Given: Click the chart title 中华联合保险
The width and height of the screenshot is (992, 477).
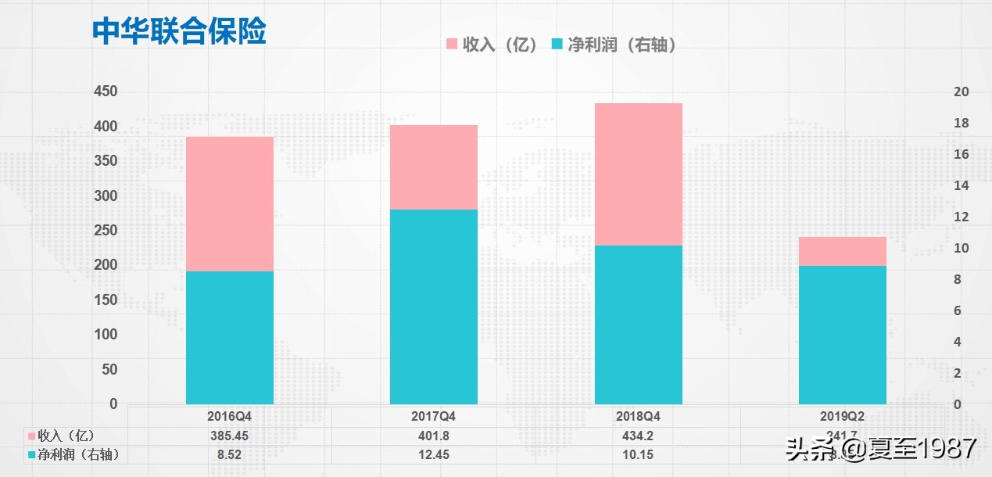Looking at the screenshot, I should (179, 31).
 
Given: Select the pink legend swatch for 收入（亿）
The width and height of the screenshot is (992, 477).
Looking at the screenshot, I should (451, 45).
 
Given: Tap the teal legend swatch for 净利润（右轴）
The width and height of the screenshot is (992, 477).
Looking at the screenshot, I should (557, 45).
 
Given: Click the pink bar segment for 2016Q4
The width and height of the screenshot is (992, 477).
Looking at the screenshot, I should (230, 203).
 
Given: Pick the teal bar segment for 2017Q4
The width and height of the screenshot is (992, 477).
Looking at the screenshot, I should (434, 307).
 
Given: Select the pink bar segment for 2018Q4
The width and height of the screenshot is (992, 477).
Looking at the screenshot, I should (639, 174).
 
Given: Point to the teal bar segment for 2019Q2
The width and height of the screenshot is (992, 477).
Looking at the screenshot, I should (843, 335).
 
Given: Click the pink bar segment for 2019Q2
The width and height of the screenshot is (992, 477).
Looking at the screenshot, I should (843, 251).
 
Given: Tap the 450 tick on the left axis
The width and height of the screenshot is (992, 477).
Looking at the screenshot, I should (105, 91).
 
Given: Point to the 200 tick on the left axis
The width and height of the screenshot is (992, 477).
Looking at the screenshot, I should (105, 265).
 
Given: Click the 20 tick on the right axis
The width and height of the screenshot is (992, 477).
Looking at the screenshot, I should (962, 92).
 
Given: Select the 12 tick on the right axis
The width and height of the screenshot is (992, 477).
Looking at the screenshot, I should (962, 217).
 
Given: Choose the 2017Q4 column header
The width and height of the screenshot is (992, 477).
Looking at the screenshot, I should (433, 417).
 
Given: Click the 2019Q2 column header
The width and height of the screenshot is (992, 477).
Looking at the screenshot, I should (843, 417).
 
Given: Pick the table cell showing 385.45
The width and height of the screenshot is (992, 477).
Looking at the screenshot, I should (230, 436).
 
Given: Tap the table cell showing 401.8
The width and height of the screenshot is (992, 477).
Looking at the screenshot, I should (433, 436).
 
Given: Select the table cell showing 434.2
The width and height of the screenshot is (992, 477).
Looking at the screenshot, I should (638, 436).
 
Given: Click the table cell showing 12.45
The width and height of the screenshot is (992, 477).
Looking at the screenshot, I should (433, 454).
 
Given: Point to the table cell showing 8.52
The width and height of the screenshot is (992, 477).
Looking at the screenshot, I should (230, 454).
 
